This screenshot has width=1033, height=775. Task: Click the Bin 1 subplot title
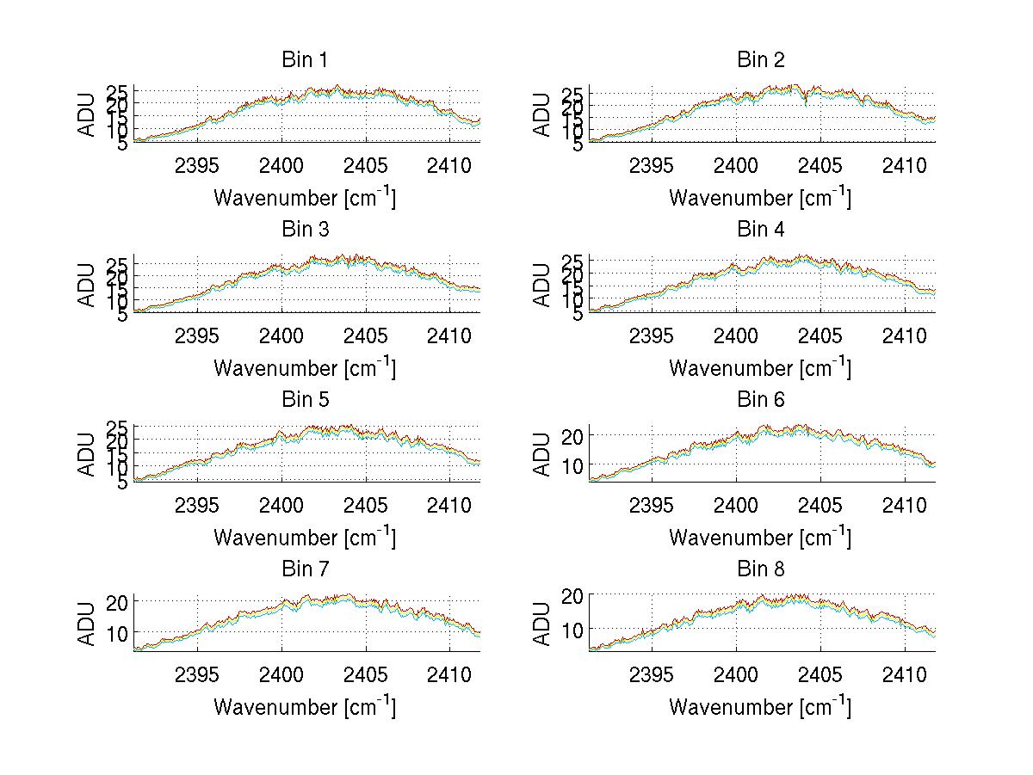305,60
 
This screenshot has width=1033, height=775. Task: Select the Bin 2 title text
761,60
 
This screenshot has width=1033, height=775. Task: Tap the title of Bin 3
305,230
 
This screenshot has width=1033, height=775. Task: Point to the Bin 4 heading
761,230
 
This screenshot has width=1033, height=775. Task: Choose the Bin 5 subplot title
305,400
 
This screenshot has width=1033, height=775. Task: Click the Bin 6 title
761,400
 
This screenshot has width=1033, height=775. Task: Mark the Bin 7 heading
305,569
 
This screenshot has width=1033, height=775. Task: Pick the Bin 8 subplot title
761,569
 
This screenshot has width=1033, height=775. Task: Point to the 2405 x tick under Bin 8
820,674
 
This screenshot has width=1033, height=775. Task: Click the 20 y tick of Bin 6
573,435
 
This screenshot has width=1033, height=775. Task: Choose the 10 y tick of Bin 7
118,633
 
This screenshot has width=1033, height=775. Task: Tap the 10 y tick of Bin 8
573,630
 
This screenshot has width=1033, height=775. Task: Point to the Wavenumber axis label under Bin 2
760,198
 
